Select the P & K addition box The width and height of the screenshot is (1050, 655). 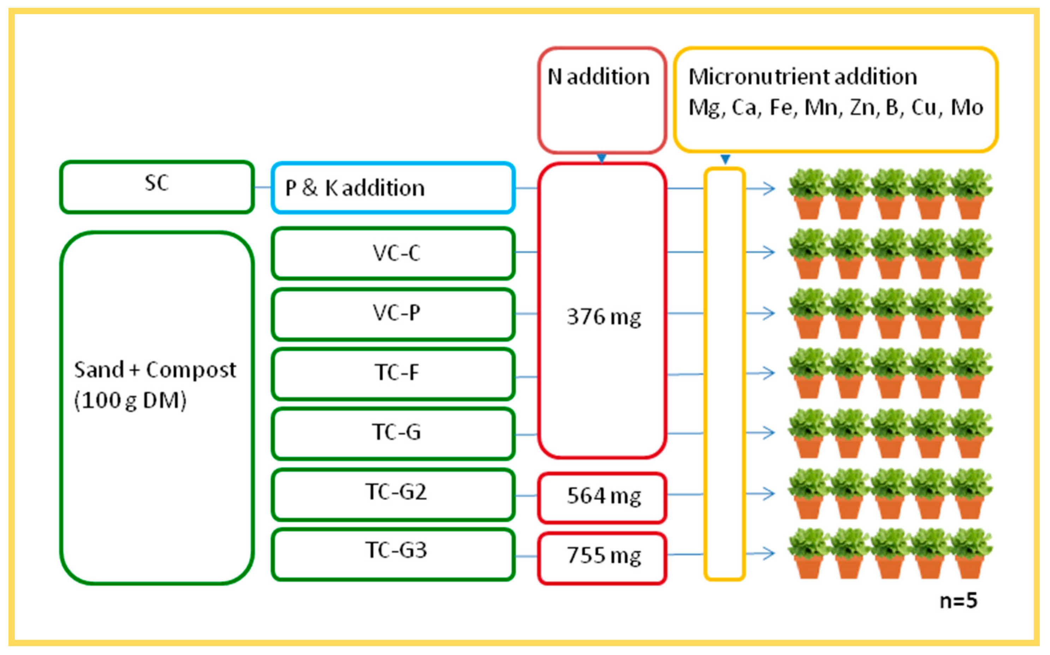393,188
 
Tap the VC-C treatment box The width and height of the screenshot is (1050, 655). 393,253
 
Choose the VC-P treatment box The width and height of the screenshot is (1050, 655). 393,313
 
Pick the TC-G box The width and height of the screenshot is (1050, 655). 393,433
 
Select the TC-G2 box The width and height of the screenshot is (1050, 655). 393,493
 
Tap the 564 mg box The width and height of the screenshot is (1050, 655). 602,497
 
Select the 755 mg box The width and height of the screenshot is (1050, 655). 602,557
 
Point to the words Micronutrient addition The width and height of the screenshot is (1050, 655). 802,77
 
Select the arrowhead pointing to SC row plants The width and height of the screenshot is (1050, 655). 770,188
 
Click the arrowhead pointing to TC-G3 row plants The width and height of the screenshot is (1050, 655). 770,553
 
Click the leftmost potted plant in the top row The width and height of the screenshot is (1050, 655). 808,194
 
